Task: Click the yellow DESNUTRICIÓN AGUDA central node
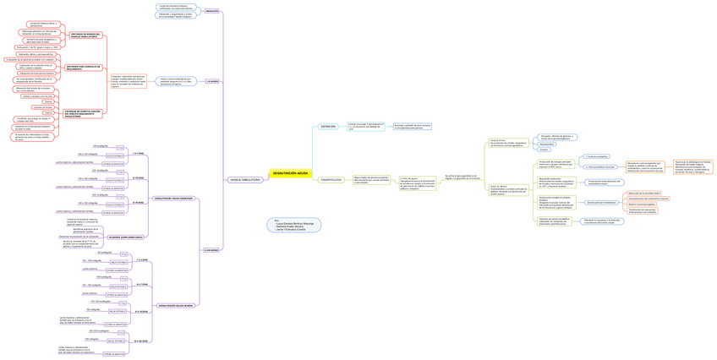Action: pos(290,173)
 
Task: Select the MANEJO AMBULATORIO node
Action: pos(244,180)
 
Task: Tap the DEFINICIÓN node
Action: pos(328,126)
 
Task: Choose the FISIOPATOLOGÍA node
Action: pos(331,180)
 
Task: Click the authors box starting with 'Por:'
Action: pos(293,226)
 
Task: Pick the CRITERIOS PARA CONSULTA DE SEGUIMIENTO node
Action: pos(83,67)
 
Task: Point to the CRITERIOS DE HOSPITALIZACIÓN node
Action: pos(83,112)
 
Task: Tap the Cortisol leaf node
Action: pos(545,150)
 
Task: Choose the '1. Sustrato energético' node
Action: pos(597,156)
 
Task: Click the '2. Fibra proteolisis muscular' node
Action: pos(599,167)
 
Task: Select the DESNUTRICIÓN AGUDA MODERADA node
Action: pos(174,198)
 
